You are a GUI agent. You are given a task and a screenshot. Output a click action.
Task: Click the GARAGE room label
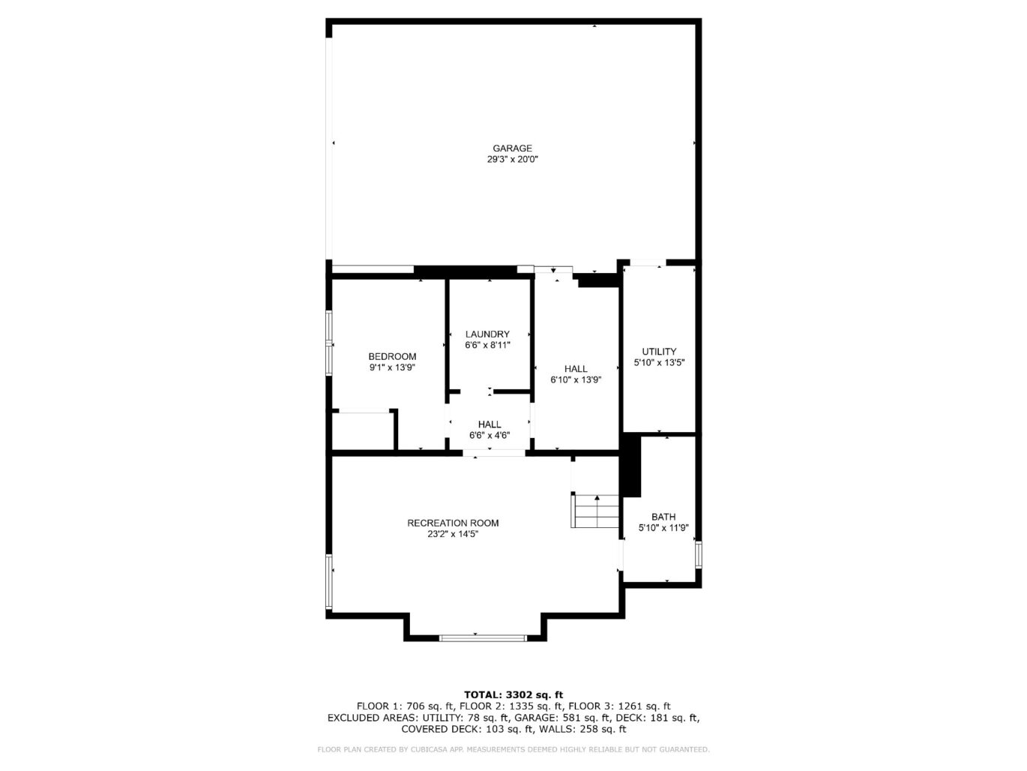coord(512,148)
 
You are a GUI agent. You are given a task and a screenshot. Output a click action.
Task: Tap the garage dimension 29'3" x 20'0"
coord(512,160)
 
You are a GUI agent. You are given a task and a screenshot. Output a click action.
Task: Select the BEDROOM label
coord(392,356)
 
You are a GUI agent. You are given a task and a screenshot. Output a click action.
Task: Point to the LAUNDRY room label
coord(487,334)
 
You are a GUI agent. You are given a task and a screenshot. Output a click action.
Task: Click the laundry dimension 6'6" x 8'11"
coord(487,346)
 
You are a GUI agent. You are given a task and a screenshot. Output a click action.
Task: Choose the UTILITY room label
coord(659,352)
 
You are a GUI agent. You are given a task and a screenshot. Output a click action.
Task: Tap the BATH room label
coord(663,517)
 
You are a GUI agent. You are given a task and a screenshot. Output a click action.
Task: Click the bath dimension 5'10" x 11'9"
coord(663,528)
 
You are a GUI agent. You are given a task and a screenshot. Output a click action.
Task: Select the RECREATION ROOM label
coord(453,523)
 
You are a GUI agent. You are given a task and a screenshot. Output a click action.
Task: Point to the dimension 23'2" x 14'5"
coord(453,535)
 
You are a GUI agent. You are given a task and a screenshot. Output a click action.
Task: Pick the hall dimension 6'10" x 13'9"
coord(576,380)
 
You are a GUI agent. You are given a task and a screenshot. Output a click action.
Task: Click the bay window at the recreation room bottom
coord(483,638)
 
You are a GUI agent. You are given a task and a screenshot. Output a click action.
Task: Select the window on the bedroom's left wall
coord(329,343)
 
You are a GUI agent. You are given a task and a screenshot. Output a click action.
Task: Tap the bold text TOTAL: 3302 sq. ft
coord(513,694)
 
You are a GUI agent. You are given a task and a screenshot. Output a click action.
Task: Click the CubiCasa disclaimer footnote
coord(513,749)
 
